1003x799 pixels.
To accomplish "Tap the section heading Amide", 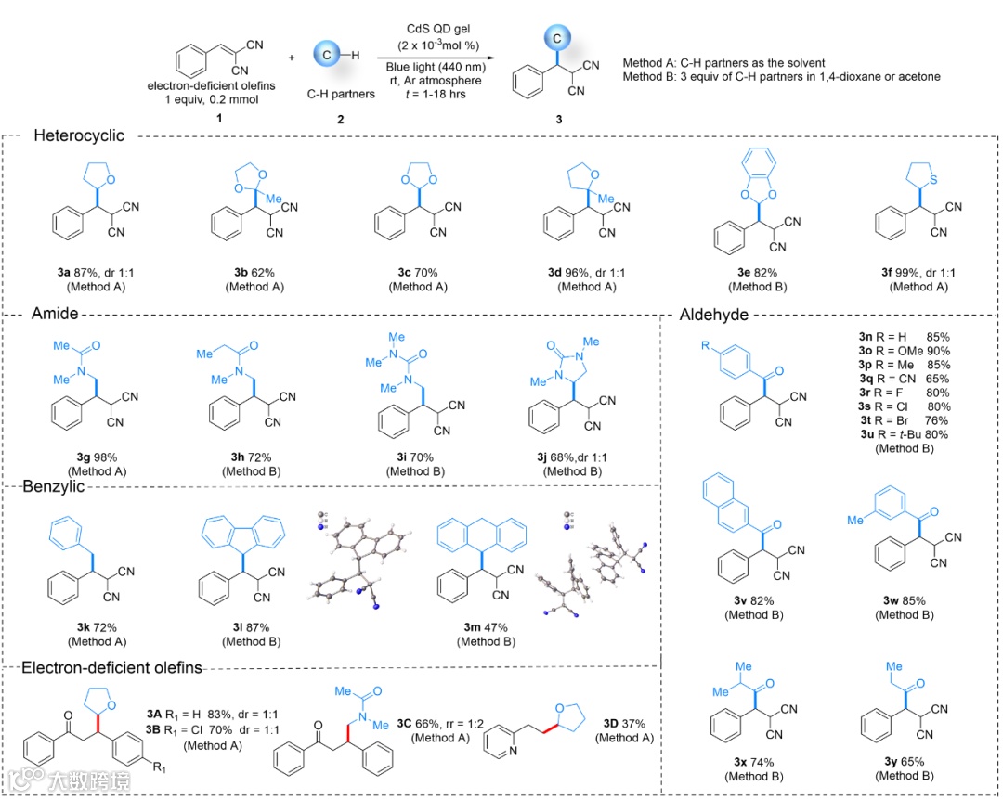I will click(x=57, y=315).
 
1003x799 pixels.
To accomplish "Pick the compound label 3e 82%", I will click(x=750, y=272).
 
